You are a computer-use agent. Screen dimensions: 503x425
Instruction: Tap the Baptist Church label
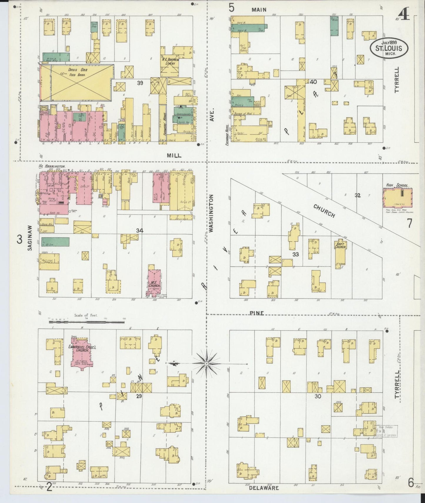(x=340, y=245)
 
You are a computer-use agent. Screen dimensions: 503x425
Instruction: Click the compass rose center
(x=207, y=364)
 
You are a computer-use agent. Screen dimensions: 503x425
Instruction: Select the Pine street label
(x=257, y=313)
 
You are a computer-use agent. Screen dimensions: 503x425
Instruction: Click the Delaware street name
(x=264, y=488)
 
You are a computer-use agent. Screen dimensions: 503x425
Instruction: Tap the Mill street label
(x=174, y=155)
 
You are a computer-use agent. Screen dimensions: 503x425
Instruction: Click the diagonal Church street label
(x=324, y=211)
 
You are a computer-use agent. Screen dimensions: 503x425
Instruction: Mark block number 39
(x=140, y=83)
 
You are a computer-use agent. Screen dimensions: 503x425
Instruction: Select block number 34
(x=139, y=231)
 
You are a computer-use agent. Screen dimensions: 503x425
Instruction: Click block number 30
(x=318, y=396)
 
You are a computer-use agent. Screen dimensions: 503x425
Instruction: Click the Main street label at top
(x=259, y=10)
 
